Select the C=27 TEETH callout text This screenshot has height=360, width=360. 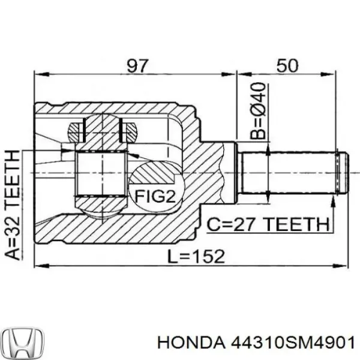pyautogui.click(x=268, y=226)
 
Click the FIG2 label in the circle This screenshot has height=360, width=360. pyautogui.click(x=155, y=196)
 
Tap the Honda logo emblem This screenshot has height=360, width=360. pyautogui.click(x=22, y=342)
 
